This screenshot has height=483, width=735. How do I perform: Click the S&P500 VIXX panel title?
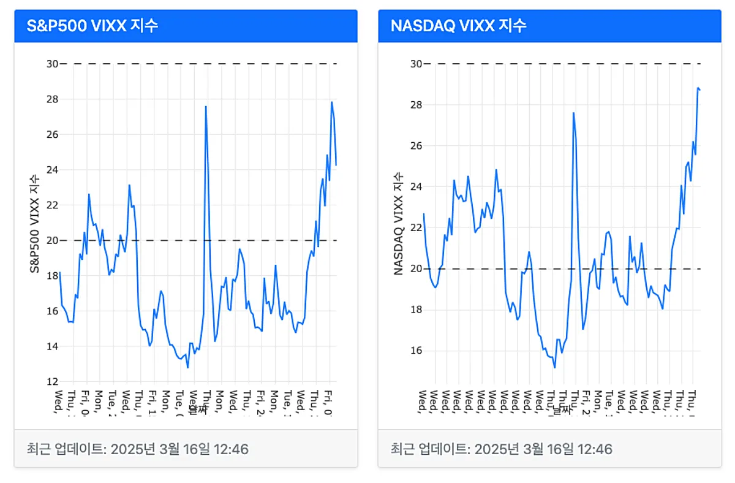tap(92, 26)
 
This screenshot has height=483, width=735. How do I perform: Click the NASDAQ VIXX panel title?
tap(458, 26)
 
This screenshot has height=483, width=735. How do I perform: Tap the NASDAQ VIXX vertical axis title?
tap(399, 223)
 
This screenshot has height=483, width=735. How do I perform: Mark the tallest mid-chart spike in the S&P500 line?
tap(206, 107)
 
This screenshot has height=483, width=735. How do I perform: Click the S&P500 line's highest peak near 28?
tap(331, 102)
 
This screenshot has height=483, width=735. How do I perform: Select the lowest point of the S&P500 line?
tap(187, 367)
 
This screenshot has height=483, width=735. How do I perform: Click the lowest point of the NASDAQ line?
tap(554, 367)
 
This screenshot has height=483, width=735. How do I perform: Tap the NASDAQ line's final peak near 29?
tap(698, 88)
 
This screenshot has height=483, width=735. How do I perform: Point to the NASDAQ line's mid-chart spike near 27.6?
tap(573, 113)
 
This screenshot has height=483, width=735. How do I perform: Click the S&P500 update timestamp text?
tap(138, 449)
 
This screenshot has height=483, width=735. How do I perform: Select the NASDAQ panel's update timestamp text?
tap(502, 449)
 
